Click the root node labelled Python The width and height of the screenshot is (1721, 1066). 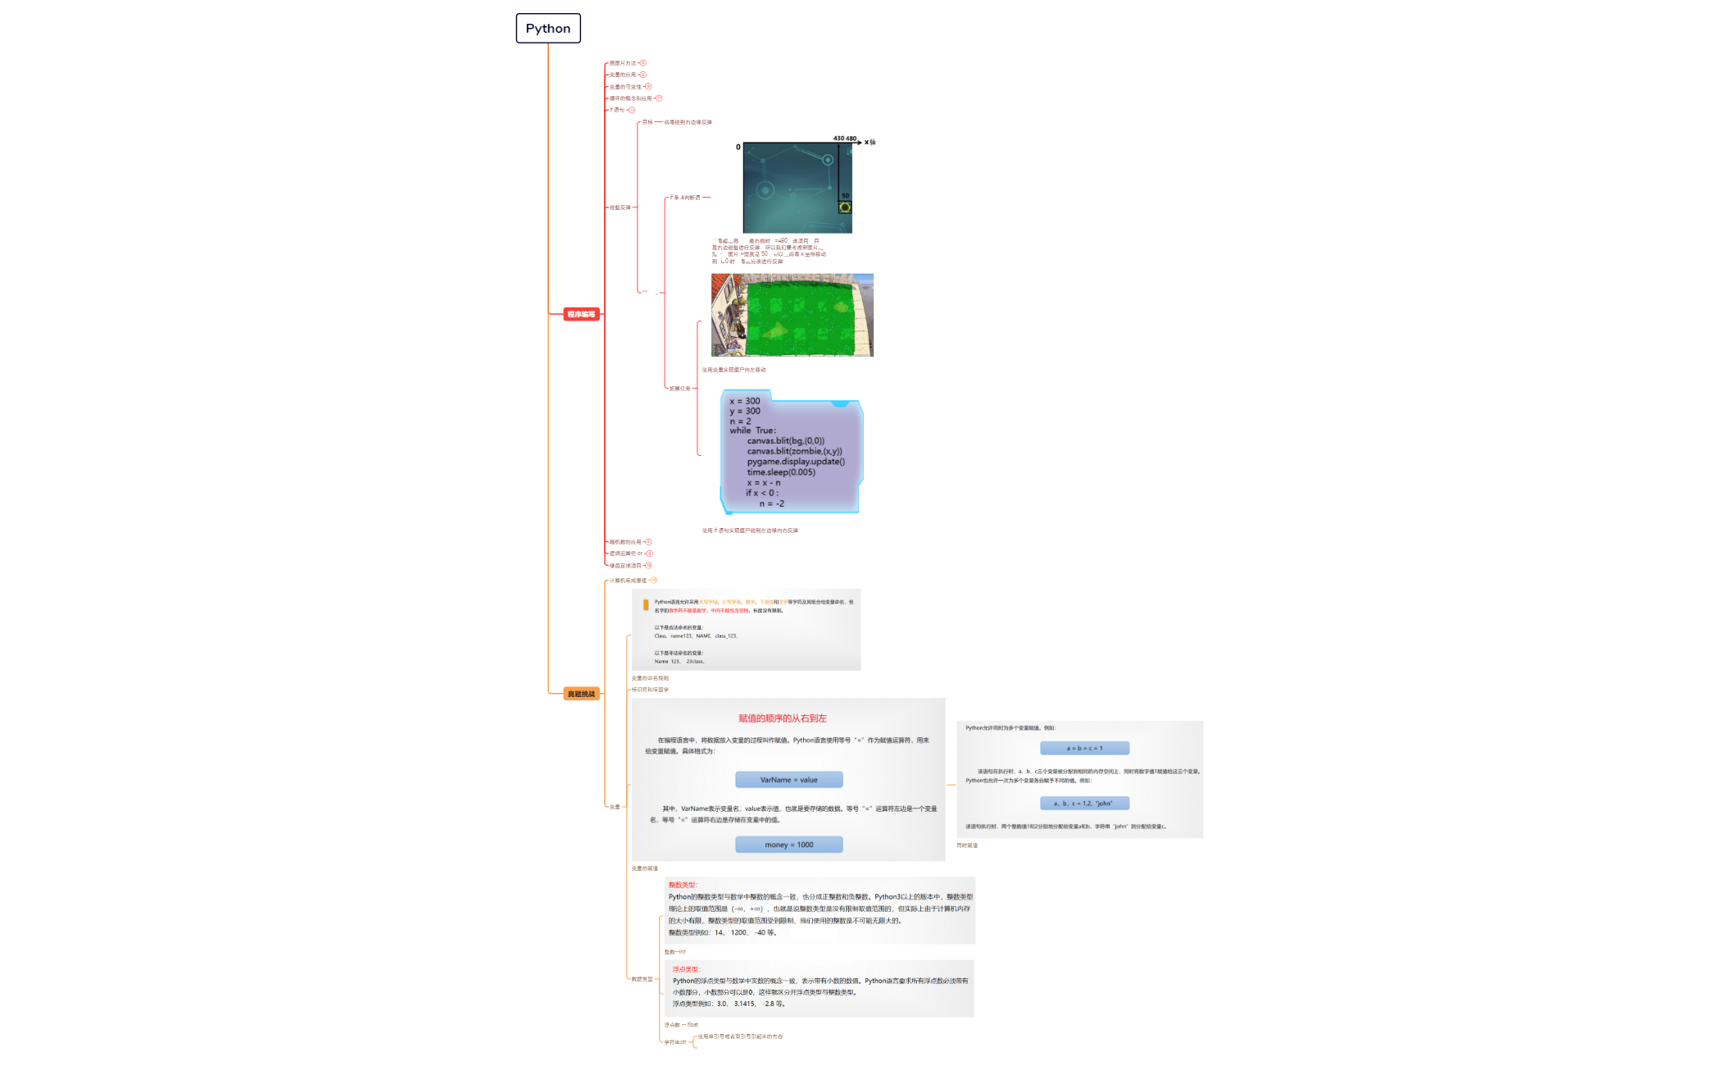(x=548, y=28)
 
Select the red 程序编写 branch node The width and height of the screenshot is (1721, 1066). (x=581, y=314)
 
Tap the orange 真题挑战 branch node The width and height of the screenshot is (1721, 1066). (x=581, y=694)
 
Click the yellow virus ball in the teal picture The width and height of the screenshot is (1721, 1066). (x=845, y=207)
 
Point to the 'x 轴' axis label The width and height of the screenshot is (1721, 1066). (x=870, y=142)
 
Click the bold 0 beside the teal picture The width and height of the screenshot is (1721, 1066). (x=738, y=148)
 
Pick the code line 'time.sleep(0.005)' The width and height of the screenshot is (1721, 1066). (x=780, y=472)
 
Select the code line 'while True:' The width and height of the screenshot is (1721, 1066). (x=752, y=430)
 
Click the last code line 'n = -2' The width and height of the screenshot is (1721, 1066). (x=771, y=503)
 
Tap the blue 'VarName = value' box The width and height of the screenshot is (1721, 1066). (x=788, y=780)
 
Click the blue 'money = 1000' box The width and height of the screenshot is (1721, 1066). (x=788, y=845)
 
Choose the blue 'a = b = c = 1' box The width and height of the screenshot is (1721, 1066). (x=1084, y=748)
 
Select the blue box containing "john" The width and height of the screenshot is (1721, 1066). (x=1084, y=804)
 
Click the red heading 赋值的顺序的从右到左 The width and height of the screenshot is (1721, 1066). (x=782, y=718)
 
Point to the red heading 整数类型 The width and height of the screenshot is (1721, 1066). (x=682, y=885)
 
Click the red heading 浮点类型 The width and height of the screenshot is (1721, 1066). (x=686, y=969)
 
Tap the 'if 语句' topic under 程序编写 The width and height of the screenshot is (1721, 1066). (x=616, y=110)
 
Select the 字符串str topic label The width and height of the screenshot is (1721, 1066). (x=674, y=1042)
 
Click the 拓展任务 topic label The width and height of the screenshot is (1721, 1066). (x=679, y=389)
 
